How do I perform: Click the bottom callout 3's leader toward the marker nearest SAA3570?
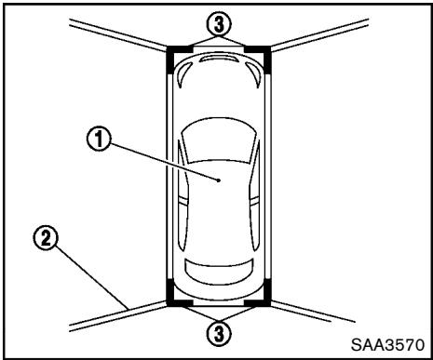tap(242, 313)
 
